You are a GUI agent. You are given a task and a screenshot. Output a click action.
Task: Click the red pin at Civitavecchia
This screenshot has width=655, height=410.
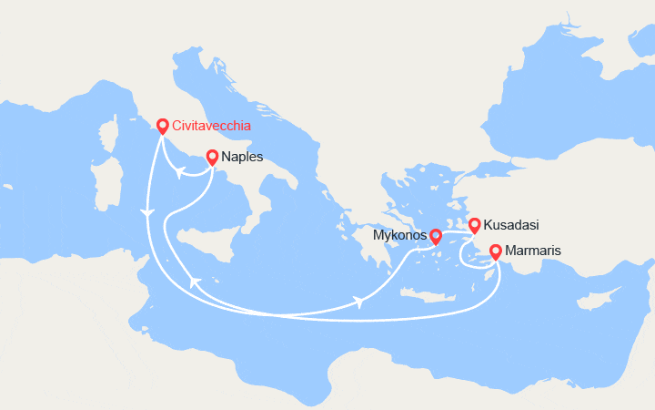(162, 127)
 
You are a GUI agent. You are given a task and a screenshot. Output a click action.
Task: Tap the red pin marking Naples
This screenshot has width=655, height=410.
(212, 157)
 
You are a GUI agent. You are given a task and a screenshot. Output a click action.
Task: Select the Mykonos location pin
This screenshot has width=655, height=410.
(435, 236)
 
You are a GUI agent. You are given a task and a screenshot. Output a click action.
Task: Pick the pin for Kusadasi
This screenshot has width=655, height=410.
(474, 224)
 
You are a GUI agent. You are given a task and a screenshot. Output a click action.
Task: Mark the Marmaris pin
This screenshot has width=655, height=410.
(495, 251)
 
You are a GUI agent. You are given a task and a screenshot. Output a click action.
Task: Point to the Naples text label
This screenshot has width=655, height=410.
(242, 157)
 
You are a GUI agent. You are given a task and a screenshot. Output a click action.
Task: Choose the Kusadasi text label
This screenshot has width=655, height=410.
(509, 224)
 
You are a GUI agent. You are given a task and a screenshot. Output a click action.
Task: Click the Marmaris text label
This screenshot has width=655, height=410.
(534, 251)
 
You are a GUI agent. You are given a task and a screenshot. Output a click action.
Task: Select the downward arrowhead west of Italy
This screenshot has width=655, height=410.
(146, 212)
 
